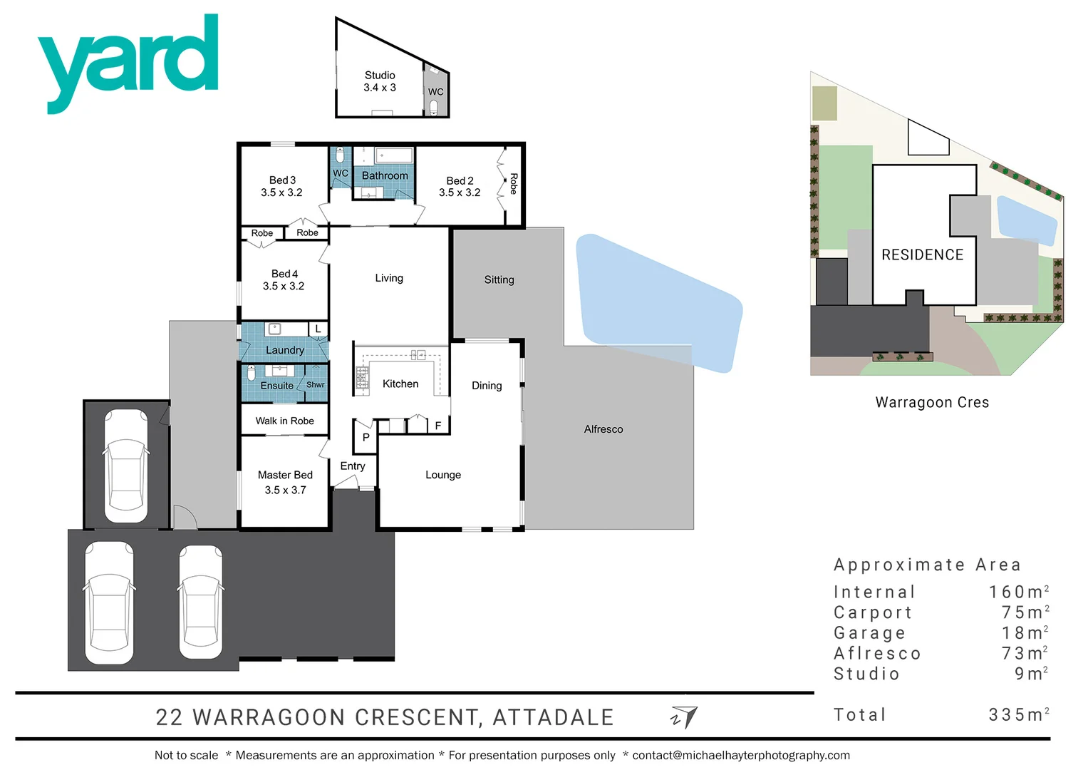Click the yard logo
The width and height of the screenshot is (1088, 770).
pos(128,61)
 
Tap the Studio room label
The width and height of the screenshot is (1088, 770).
pos(380,76)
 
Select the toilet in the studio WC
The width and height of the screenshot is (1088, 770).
pos(434,108)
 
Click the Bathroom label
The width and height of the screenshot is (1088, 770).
pos(385,175)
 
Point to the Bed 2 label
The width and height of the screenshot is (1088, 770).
pos(460,181)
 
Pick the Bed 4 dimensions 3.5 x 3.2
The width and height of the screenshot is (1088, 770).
pos(284,287)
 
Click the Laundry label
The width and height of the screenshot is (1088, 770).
pos(285,350)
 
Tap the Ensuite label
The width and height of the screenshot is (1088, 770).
pos(276,386)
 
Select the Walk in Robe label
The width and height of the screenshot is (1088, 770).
pos(285,421)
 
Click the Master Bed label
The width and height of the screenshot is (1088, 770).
pos(285,476)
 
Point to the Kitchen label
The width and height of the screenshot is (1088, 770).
pos(400,384)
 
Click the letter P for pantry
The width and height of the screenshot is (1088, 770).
pos(366,437)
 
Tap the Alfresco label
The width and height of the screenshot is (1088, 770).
pos(603,429)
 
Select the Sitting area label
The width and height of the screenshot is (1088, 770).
pos(499,280)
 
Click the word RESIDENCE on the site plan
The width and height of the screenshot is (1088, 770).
pos(922,255)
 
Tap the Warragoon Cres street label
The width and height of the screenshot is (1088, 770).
pos(932,403)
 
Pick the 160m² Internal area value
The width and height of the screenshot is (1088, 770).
pos(1018,592)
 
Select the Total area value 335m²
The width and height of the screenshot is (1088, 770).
pos(1018,715)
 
